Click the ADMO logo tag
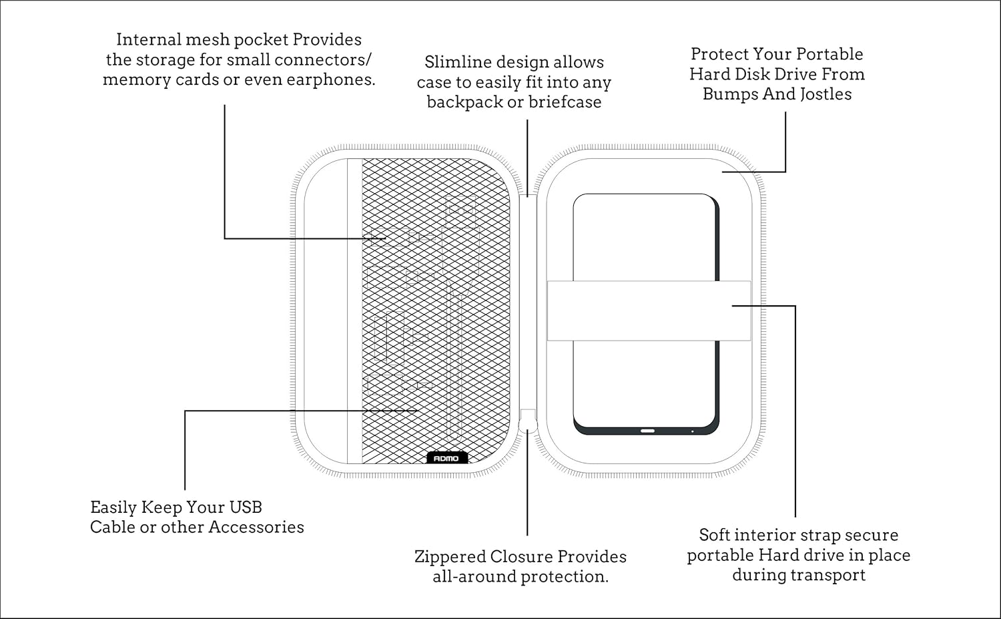pyautogui.click(x=446, y=458)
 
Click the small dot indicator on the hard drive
pyautogui.click(x=692, y=431)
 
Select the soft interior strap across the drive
pyautogui.click(x=649, y=311)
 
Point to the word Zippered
pyautogui.click(x=450, y=557)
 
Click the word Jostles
pyautogui.click(x=825, y=94)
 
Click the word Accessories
pyautogui.click(x=256, y=528)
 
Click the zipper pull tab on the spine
pyautogui.click(x=528, y=421)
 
